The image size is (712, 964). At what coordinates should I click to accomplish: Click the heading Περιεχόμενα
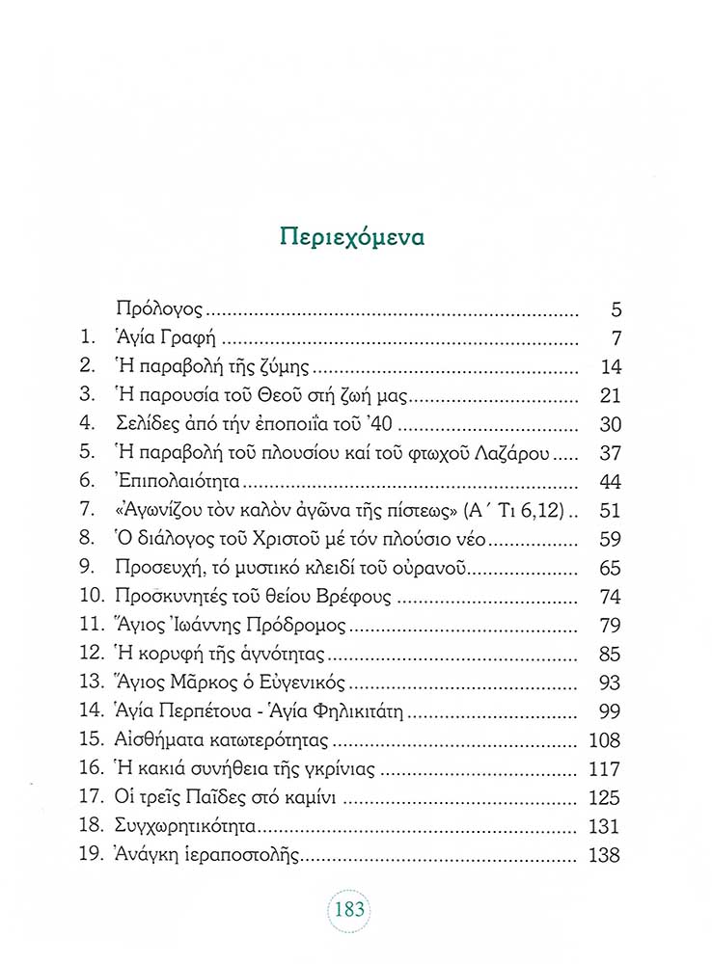354,236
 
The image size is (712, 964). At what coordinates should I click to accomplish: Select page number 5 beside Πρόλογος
616,310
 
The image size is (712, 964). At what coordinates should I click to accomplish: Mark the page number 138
605,855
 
